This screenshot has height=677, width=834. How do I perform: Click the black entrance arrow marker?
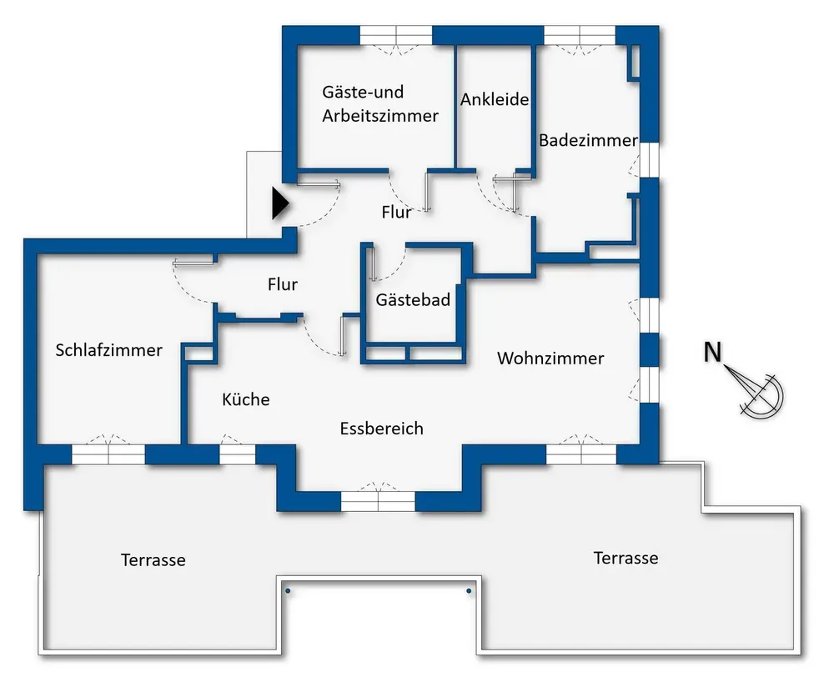click(x=279, y=203)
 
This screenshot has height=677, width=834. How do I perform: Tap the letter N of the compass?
click(x=713, y=353)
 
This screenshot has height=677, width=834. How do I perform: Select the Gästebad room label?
click(x=413, y=300)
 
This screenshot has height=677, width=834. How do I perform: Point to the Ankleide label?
click(x=495, y=99)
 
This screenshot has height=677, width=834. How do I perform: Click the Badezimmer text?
click(x=588, y=140)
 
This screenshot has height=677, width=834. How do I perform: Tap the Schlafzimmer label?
click(x=109, y=350)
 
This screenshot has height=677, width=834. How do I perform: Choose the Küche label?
click(x=246, y=399)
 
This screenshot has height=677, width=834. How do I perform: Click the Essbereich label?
click(x=382, y=428)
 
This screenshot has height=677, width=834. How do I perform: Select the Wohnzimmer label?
click(x=550, y=358)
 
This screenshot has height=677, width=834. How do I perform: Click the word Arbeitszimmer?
click(x=380, y=115)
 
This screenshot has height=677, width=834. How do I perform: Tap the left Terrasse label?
click(x=153, y=560)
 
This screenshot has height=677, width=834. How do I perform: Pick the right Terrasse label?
click(x=626, y=558)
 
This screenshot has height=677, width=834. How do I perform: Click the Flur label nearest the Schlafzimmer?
click(x=283, y=284)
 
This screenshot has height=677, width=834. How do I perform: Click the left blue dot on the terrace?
click(x=288, y=590)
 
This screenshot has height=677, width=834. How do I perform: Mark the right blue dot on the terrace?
click(x=469, y=590)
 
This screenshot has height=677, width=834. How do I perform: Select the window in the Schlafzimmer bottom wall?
click(x=108, y=454)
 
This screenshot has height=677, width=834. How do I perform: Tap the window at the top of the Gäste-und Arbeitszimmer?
click(x=396, y=36)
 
